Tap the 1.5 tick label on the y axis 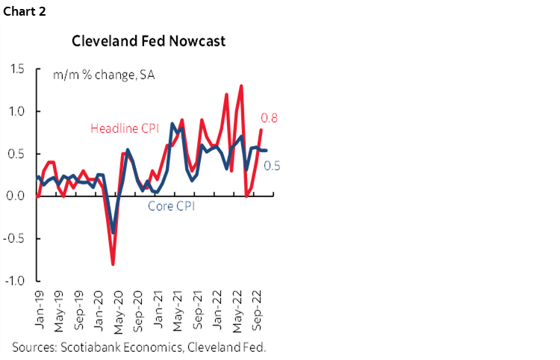point(16,69)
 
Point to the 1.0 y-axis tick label point(16,111)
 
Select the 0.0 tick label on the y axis point(16,196)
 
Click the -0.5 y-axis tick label point(14,238)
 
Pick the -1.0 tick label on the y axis point(14,281)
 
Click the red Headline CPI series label point(125,128)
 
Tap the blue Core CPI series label point(170,207)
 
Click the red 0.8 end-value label point(269,117)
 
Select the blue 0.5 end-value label point(273,166)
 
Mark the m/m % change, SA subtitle point(104,75)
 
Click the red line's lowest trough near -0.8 point(113,264)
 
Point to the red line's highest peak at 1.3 point(241,86)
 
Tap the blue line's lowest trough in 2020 point(113,232)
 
